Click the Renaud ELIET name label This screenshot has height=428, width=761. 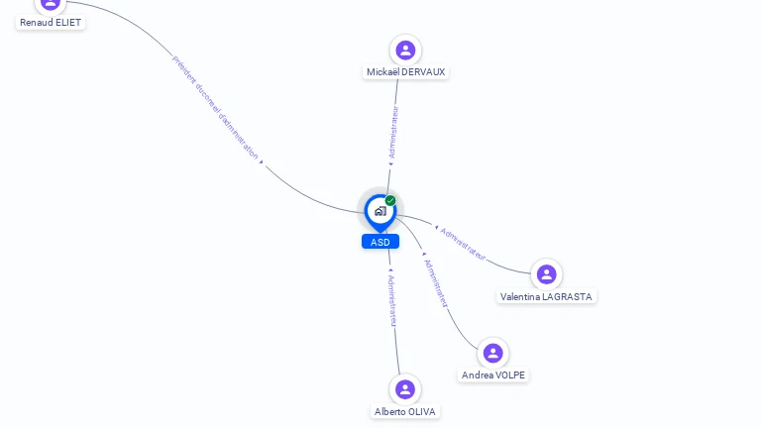pos(51,22)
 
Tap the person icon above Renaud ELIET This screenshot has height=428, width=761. pos(51,3)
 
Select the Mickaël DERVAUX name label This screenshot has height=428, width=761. pos(405,72)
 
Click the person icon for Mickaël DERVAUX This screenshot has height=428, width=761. pos(405,50)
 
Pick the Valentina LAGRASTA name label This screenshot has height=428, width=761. pos(547,297)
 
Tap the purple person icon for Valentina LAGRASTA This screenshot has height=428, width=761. pos(546,274)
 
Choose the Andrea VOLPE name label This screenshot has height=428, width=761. pos(493,375)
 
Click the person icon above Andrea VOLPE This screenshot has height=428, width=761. pos(492,353)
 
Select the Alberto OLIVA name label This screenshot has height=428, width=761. pos(404,411)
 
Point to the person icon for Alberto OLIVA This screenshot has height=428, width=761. pos(404,389)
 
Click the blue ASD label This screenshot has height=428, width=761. pos(380,242)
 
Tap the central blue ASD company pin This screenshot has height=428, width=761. pos(380,211)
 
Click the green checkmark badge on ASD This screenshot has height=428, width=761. pos(390,201)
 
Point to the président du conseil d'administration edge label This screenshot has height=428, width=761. pos(215,106)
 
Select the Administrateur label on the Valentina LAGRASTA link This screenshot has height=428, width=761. pos(463,244)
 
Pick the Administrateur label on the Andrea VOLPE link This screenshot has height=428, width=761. pos(436,283)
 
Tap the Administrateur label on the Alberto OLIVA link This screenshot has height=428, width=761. pos(392,301)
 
